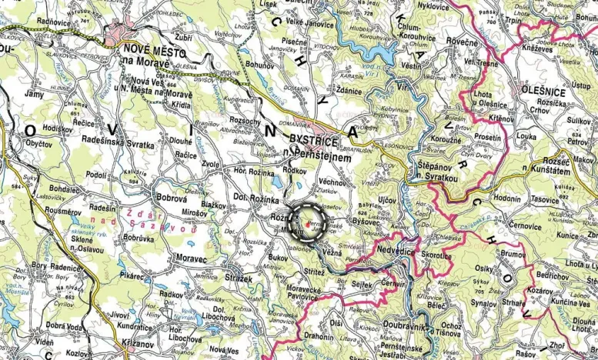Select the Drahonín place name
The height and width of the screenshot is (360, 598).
pyautogui.click(x=318, y=336)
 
